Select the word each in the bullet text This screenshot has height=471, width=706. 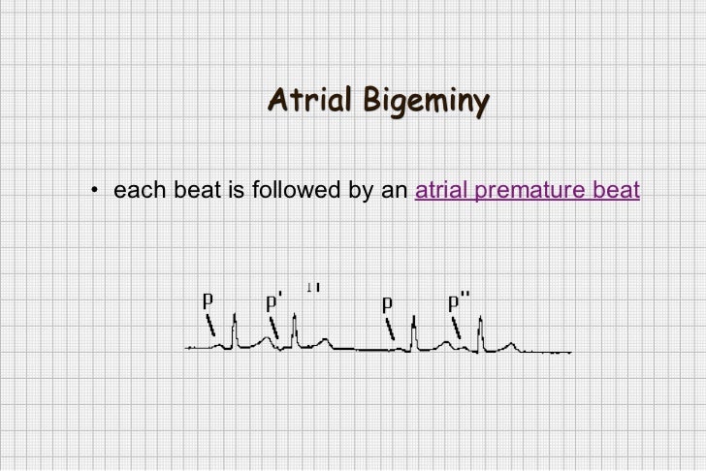[134, 190]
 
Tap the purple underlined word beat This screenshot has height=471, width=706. [616, 190]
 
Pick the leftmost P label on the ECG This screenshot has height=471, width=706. [208, 299]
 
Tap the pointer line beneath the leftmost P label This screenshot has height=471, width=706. [211, 325]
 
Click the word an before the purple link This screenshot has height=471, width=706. [394, 190]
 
